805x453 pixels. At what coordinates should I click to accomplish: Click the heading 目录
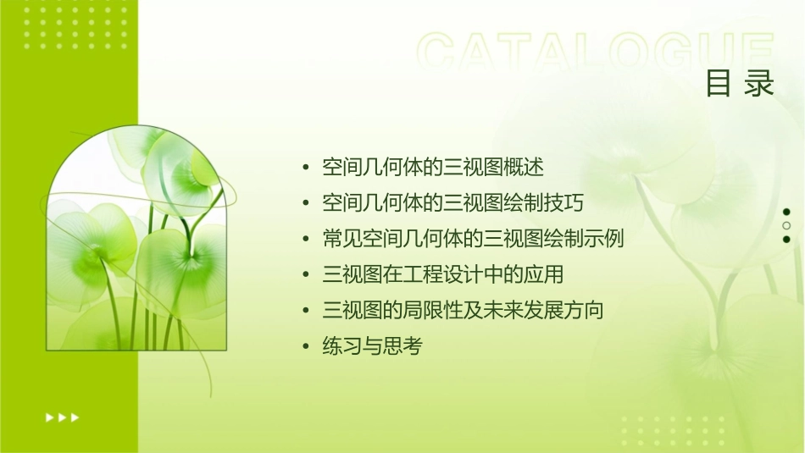pos(740,83)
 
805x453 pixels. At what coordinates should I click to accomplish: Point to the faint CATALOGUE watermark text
pos(596,52)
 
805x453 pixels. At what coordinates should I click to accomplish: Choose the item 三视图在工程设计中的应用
pos(443,274)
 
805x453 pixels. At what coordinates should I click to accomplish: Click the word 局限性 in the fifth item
pos(441,311)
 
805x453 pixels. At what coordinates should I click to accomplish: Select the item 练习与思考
pos(372,346)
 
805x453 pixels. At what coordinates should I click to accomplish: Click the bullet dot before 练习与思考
pos(306,347)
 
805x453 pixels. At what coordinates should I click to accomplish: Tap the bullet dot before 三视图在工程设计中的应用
pos(306,275)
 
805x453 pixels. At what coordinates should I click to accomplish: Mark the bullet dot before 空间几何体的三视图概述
pos(306,168)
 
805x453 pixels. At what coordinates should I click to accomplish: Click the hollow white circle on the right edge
pos(786,225)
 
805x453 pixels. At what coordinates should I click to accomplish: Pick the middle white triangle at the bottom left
pos(62,417)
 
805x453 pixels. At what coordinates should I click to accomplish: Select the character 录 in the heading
pos(760,83)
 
